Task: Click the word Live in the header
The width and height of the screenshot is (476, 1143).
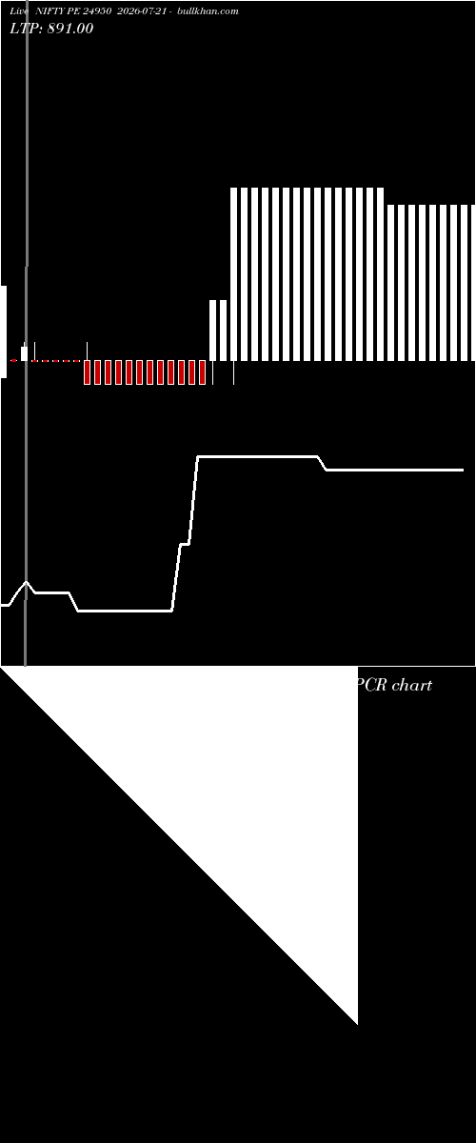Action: pyautogui.click(x=19, y=11)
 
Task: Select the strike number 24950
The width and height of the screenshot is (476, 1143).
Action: pyautogui.click(x=97, y=11)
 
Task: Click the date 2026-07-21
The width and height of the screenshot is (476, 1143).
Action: pyautogui.click(x=141, y=11)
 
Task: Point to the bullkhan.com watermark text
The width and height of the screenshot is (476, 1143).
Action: pyautogui.click(x=208, y=11)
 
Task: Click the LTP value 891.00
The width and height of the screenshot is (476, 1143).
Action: pyautogui.click(x=70, y=29)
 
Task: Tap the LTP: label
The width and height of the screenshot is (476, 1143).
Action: pyautogui.click(x=26, y=29)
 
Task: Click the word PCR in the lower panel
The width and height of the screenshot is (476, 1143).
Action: pyautogui.click(x=371, y=685)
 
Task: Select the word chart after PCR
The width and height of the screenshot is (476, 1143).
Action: pyautogui.click(x=412, y=685)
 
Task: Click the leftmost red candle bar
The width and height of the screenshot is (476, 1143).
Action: pyautogui.click(x=87, y=372)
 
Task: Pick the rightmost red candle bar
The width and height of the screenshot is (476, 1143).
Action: pyautogui.click(x=202, y=372)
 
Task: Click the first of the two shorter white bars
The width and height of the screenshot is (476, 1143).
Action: pyautogui.click(x=212, y=331)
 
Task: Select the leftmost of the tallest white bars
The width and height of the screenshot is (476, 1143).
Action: pyautogui.click(x=233, y=274)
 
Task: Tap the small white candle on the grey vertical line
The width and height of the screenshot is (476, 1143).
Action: pyautogui.click(x=24, y=353)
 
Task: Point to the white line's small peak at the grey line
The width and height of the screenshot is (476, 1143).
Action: pyautogui.click(x=26, y=582)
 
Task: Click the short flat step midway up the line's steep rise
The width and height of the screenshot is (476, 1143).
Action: pyautogui.click(x=185, y=545)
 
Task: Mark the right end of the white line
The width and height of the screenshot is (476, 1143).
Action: pyautogui.click(x=463, y=470)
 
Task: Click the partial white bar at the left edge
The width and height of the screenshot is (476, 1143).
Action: pyautogui.click(x=4, y=331)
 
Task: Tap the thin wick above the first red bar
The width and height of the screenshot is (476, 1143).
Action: pyautogui.click(x=87, y=351)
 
